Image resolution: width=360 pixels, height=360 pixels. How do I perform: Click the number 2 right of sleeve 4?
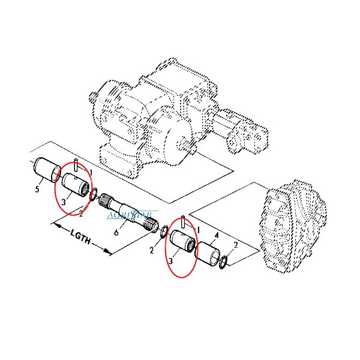(236, 245)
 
